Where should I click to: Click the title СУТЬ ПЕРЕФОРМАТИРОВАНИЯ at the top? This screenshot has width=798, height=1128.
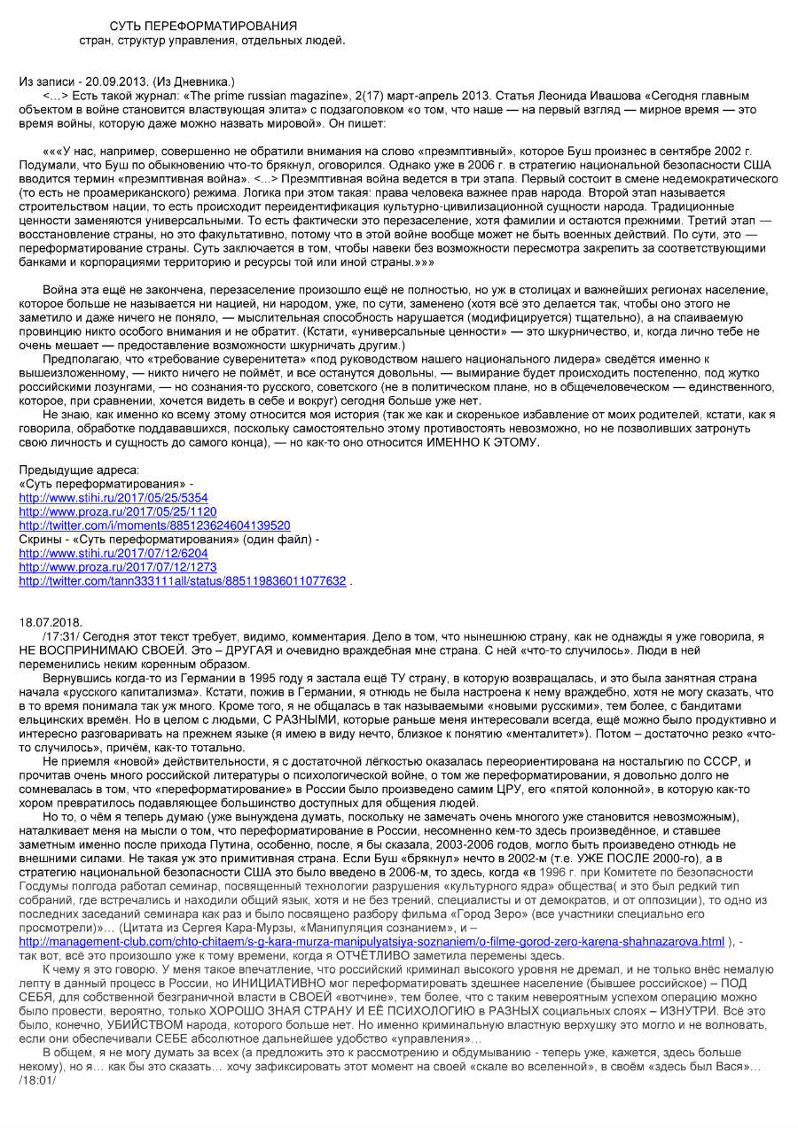(x=203, y=26)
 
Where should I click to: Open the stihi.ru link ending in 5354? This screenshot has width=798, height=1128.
(x=113, y=498)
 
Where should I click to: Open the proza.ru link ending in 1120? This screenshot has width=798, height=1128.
(x=117, y=511)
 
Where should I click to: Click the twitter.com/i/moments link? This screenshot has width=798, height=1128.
(x=154, y=525)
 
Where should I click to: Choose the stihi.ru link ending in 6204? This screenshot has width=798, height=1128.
(x=113, y=553)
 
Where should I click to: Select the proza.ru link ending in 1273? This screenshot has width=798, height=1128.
(x=117, y=567)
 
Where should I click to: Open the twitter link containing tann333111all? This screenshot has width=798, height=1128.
(x=182, y=580)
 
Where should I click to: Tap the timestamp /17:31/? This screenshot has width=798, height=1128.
(x=61, y=636)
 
